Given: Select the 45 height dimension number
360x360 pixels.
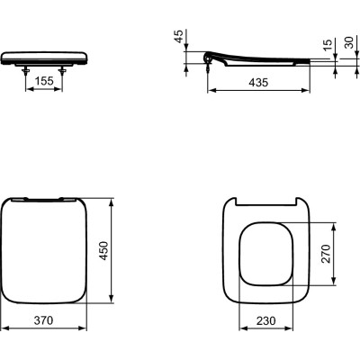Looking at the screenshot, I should pyautogui.click(x=178, y=40).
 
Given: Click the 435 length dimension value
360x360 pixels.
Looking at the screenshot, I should pyautogui.click(x=257, y=83).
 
